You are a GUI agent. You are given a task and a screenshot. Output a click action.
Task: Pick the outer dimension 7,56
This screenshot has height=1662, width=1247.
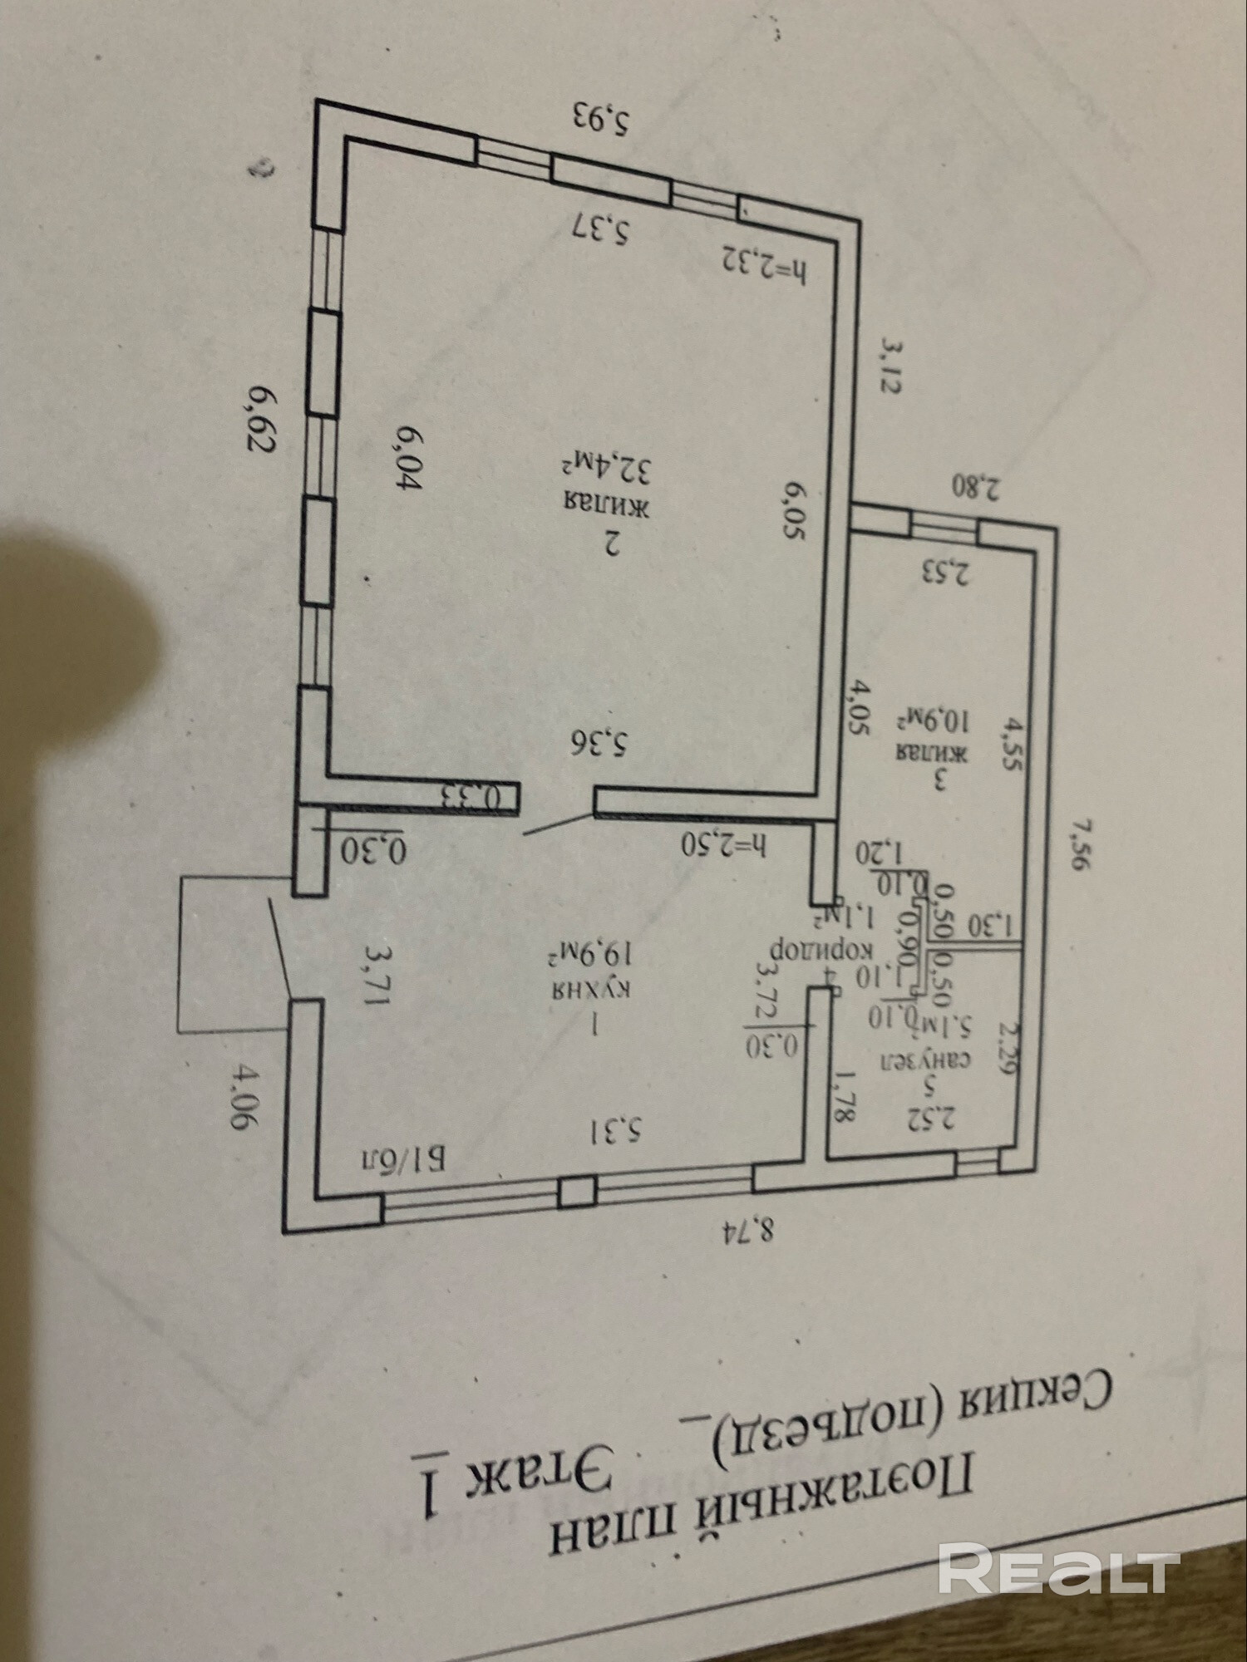pos(1078,843)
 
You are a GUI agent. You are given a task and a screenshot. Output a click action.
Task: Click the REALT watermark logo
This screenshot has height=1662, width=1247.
pos(1058,1567)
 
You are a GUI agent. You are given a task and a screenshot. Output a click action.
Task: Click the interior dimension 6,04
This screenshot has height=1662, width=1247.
pos(411,459)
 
